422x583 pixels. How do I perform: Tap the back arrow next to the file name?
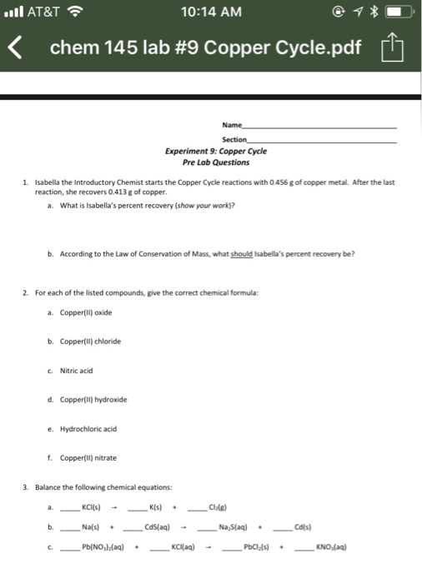point(15,47)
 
